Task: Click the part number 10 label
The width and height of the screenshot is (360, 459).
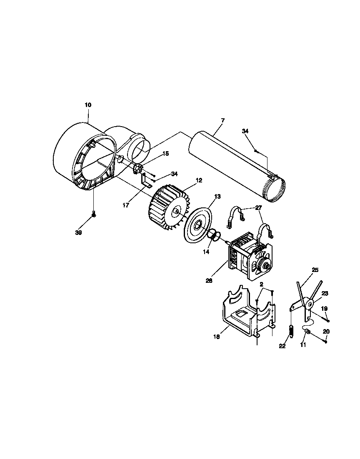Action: pos(88,105)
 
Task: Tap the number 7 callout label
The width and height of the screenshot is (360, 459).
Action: pos(223,120)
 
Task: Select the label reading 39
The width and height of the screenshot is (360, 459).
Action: pos(78,233)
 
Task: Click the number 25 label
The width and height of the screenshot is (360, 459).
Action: pos(315,270)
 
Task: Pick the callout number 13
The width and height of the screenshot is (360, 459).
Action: pos(217,196)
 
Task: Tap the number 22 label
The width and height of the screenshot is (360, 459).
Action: pos(282,346)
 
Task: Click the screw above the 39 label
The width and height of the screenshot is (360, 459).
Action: pos(94,215)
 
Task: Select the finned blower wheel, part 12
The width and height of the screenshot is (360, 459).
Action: pos(167,207)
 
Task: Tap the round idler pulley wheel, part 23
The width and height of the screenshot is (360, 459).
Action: pos(310,303)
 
